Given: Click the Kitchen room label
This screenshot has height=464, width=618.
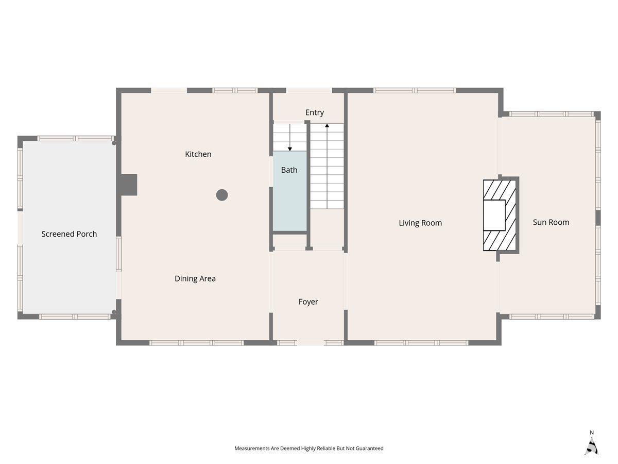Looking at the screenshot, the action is click(x=198, y=154).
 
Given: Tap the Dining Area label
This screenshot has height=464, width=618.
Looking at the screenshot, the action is click(x=195, y=278).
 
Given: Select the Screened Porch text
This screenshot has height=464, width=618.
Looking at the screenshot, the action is click(x=69, y=234).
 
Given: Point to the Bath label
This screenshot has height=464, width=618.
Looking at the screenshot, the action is click(x=289, y=170).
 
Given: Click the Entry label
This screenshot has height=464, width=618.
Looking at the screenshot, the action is click(x=315, y=112).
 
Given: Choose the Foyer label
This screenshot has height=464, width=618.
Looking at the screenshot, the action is click(x=308, y=302).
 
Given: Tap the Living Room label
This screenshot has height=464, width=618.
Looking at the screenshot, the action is click(x=420, y=223).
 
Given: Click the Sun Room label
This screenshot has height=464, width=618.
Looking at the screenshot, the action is click(x=551, y=222).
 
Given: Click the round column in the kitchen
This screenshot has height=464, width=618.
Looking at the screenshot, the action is click(x=222, y=195).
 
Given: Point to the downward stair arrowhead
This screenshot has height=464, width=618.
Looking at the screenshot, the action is click(x=290, y=149).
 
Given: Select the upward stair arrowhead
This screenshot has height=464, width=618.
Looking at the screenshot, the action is click(x=327, y=125).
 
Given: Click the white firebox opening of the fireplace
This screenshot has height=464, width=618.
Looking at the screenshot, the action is click(x=494, y=215).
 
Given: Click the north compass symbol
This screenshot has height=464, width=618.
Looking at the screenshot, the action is click(x=592, y=447).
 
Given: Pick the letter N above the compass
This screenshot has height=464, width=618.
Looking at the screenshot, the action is click(x=592, y=433).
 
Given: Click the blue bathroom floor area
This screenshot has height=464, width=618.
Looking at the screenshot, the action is click(x=290, y=191).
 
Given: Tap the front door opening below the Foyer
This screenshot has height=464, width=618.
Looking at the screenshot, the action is click(x=311, y=342).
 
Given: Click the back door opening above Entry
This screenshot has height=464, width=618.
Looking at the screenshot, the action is click(x=309, y=90).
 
